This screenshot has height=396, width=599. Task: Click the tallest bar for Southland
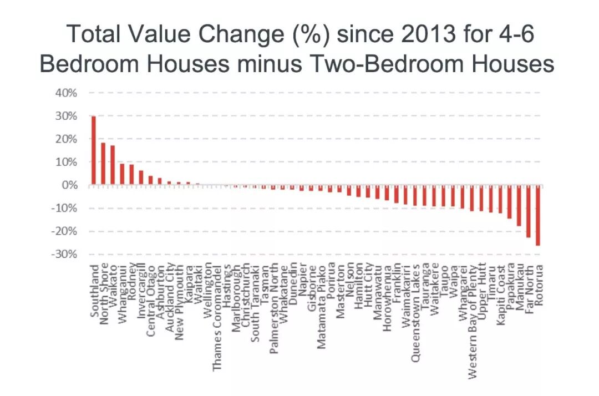coord(94,150)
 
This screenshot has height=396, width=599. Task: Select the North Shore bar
coord(103,164)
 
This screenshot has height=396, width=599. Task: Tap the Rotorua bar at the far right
coord(538,215)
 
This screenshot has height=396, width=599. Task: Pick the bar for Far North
coord(529,211)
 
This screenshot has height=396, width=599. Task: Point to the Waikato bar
coord(113,165)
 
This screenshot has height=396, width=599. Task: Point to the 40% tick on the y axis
coord(66,93)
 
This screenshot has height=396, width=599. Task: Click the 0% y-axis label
coord(69,185)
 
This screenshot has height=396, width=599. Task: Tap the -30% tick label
coord(64,254)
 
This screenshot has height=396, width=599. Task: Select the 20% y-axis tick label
coord(66,139)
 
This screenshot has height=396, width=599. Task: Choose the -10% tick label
coord(64,208)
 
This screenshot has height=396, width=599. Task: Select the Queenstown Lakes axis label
coord(415,313)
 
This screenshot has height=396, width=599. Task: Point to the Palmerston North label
coord(274,308)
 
